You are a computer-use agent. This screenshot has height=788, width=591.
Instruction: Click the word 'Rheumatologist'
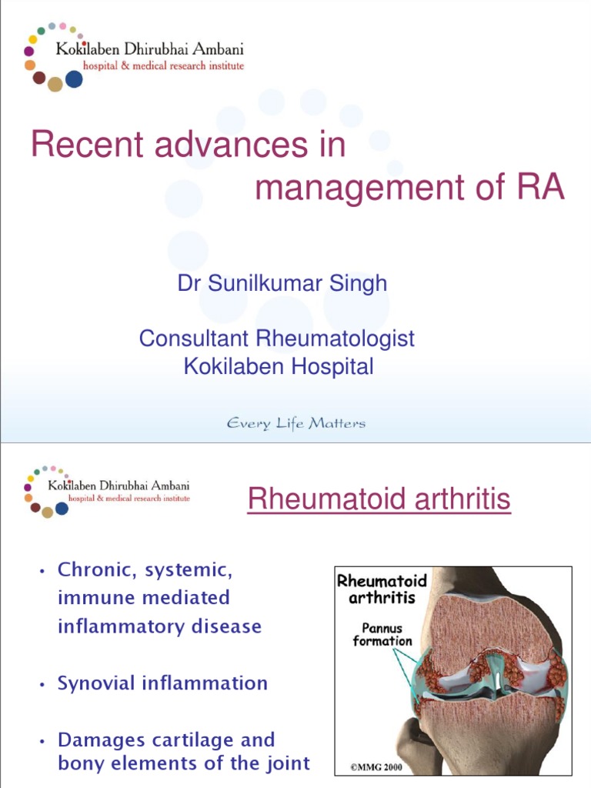pyautogui.click(x=339, y=338)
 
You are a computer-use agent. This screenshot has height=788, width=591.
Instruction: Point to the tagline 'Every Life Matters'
pyautogui.click(x=295, y=423)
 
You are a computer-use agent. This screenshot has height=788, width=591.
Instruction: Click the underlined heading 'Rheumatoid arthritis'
pyautogui.click(x=379, y=500)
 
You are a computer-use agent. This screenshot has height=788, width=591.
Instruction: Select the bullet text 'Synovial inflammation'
pyautogui.click(x=162, y=683)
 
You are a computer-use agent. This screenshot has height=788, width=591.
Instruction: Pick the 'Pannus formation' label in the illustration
pyautogui.click(x=382, y=634)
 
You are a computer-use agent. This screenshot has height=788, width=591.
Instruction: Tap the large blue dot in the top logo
pyautogui.click(x=74, y=79)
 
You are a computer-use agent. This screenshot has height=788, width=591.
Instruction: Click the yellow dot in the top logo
pyautogui.click(x=33, y=40)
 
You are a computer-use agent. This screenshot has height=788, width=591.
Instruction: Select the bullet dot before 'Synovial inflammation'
pyautogui.click(x=42, y=683)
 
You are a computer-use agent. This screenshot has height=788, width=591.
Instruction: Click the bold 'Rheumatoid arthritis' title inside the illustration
pyautogui.click(x=382, y=589)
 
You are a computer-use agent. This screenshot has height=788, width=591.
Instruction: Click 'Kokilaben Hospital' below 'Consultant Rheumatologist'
pyautogui.click(x=279, y=366)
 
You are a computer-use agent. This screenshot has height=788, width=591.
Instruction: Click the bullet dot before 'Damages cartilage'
pyautogui.click(x=42, y=741)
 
